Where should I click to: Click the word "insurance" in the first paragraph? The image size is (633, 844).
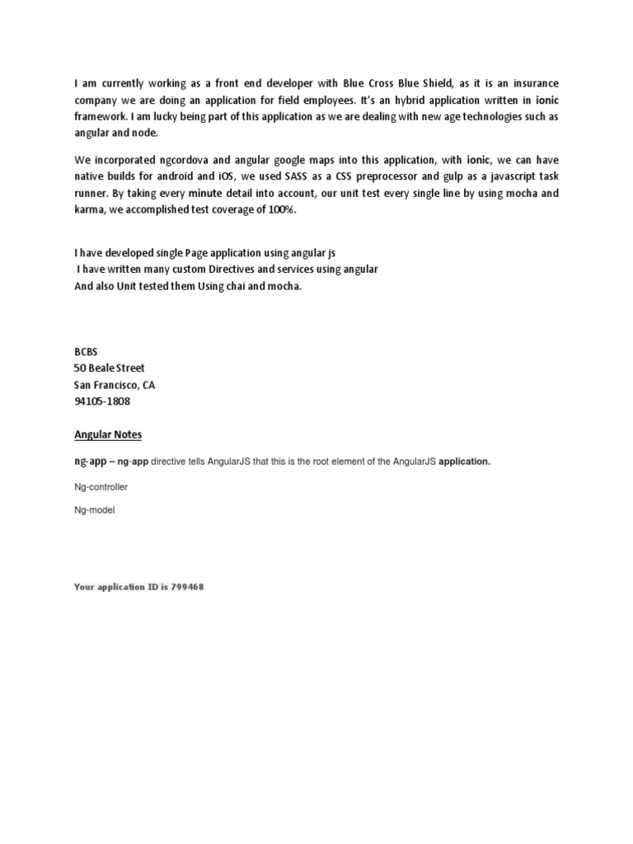click(x=532, y=84)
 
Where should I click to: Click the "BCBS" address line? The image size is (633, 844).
click(x=87, y=352)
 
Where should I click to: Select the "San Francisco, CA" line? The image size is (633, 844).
click(x=115, y=385)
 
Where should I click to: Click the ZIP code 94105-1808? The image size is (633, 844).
click(x=102, y=401)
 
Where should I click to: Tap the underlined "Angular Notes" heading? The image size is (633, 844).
click(x=108, y=434)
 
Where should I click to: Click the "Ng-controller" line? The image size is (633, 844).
click(x=101, y=487)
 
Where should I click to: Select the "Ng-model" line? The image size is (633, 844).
click(x=94, y=510)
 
